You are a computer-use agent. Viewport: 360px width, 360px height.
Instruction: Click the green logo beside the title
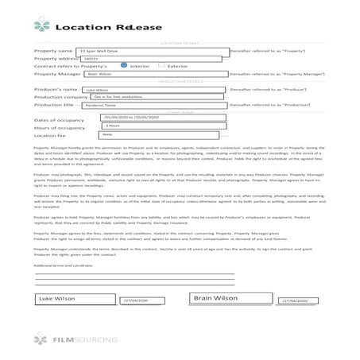[x=42, y=25]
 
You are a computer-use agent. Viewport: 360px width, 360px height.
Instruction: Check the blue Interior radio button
[x=122, y=65]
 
